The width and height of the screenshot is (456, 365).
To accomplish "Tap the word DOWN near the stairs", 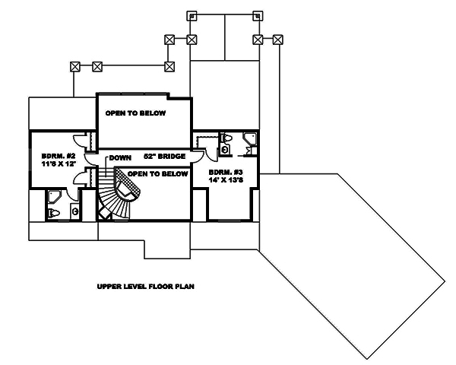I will [x=119, y=157].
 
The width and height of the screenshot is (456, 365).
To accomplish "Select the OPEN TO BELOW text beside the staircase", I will [x=157, y=173].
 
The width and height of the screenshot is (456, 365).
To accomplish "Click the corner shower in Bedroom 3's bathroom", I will [x=249, y=139].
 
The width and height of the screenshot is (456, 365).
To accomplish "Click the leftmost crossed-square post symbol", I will [x=74, y=66].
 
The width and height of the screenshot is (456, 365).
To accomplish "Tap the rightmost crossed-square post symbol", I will [x=278, y=39].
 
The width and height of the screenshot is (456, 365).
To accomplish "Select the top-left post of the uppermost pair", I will [x=192, y=15].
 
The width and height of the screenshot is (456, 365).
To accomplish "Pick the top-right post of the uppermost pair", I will [x=257, y=15].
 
